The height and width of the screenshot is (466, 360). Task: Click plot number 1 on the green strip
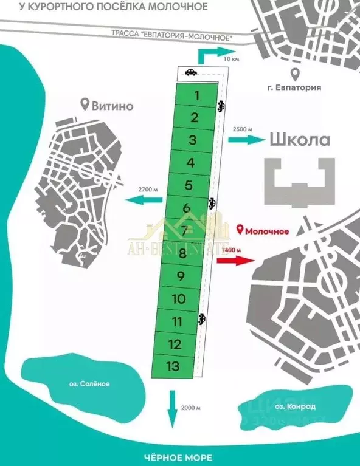[196, 95]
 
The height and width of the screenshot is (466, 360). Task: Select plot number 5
[189, 185]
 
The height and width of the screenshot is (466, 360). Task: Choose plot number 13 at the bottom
[173, 366]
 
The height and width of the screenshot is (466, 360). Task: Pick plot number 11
[178, 321]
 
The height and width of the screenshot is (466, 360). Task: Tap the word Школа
[300, 140]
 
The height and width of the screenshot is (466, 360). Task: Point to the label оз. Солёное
[85, 383]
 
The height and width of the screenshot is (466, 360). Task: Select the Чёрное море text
[180, 457]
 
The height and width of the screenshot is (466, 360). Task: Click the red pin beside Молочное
[240, 230]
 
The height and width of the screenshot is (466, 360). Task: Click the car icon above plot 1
[190, 72]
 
